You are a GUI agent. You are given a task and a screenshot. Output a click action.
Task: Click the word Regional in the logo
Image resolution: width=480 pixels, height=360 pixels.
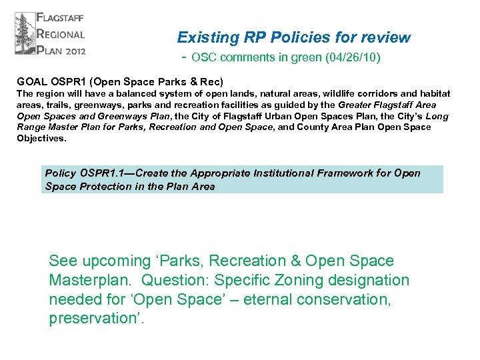point(61,34)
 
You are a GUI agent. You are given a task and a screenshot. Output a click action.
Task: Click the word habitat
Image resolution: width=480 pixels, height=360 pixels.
point(433,94)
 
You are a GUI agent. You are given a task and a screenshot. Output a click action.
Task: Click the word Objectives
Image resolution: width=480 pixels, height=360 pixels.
point(41,139)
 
